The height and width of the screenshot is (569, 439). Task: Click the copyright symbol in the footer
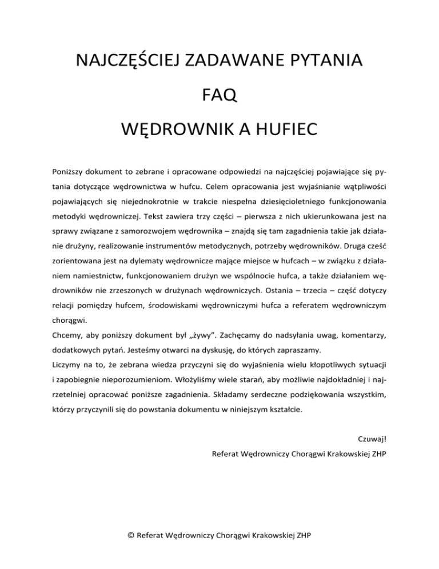pyautogui.click(x=133, y=536)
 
